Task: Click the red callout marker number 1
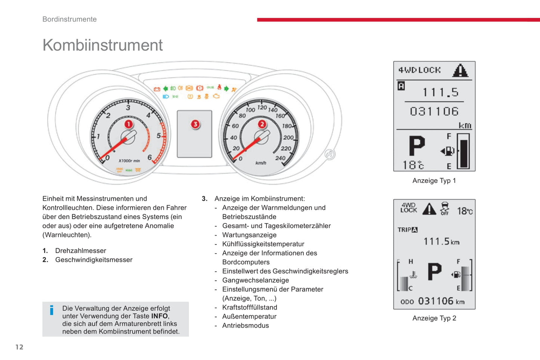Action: pos(129,124)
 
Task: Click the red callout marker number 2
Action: pos(262,124)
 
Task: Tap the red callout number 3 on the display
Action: pos(195,124)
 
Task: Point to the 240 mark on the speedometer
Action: pos(280,158)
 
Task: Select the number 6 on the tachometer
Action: pos(149,157)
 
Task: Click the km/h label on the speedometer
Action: pos(260,163)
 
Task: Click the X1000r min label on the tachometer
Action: pos(129,161)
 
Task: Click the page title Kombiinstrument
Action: pos(102,45)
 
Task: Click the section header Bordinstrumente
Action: pos(70,19)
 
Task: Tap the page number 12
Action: pos(19,347)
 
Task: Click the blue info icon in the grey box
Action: pos(52,310)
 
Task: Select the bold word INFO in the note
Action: pos(159,316)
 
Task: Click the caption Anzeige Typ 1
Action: pos(434,180)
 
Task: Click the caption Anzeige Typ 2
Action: pos(434,318)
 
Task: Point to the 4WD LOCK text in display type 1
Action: pos(419,70)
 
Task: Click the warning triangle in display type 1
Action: pos(460,70)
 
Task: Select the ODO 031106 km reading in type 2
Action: pos(432,301)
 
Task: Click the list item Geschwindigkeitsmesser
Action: pos(94,260)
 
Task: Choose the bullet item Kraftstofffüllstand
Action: pos(250,307)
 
